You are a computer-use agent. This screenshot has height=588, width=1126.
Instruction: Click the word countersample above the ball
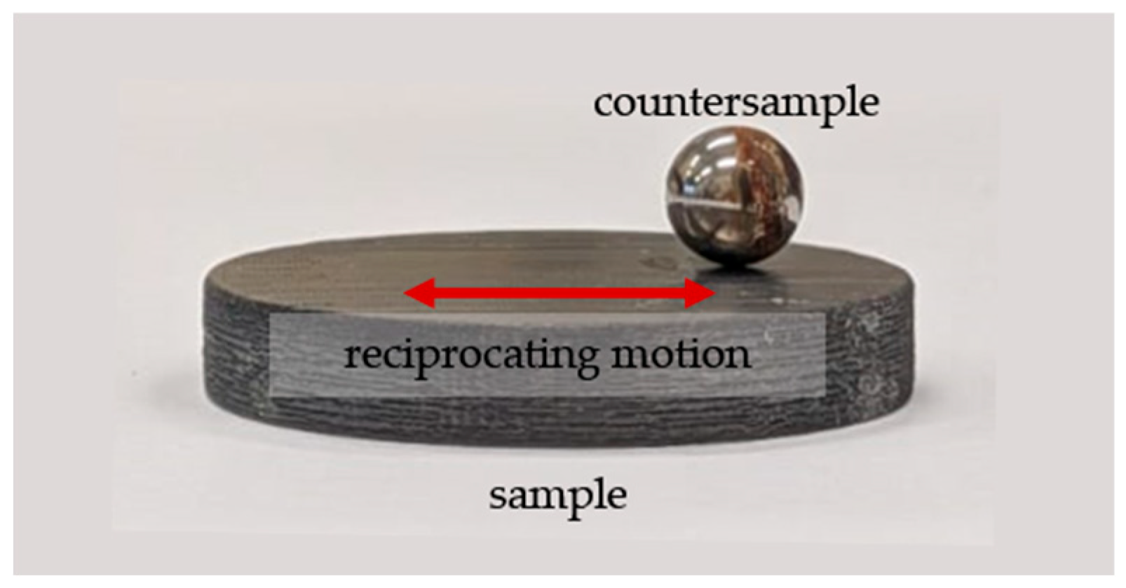(735, 103)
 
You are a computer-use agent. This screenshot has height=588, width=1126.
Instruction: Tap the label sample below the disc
(557, 495)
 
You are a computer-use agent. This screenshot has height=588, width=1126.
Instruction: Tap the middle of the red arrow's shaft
(559, 294)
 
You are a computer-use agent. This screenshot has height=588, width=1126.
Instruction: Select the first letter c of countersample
(602, 104)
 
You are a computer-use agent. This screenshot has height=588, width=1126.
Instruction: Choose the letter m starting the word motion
(628, 355)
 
